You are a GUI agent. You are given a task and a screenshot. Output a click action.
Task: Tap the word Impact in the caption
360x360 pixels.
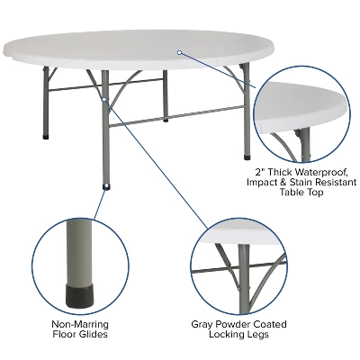coord(262,182)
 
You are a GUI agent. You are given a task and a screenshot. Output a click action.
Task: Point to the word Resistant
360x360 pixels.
coord(332,182)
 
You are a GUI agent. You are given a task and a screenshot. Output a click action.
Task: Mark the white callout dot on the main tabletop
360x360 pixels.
coord(179,52)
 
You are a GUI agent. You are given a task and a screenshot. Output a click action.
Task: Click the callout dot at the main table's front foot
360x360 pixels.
coord(108,187)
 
